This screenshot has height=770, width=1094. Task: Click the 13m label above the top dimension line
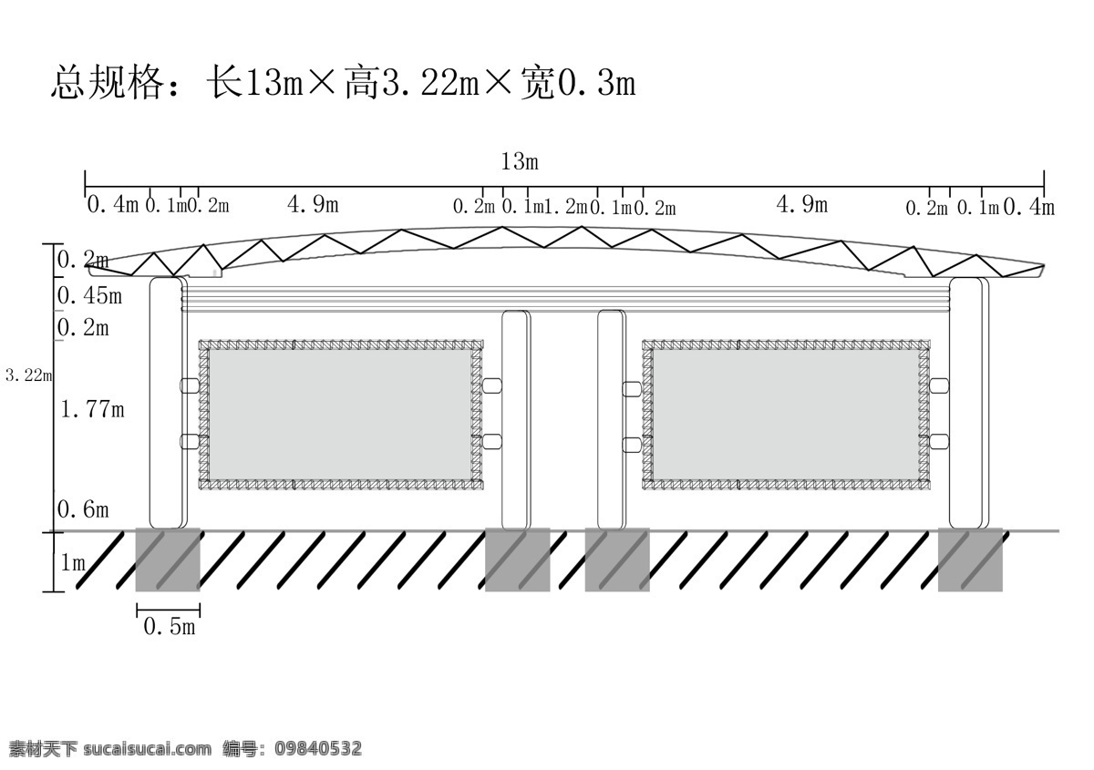click(x=520, y=161)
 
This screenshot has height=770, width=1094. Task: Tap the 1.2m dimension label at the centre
click(x=565, y=207)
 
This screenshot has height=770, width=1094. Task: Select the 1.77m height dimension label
click(x=93, y=408)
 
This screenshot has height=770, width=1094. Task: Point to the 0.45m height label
click(x=89, y=295)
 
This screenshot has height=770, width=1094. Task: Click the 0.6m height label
click(x=83, y=509)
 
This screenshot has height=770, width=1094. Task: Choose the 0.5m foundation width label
click(x=170, y=626)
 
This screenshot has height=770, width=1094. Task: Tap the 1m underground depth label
click(x=73, y=563)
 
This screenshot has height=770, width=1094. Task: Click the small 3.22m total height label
click(x=28, y=375)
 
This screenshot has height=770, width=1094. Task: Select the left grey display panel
click(x=340, y=415)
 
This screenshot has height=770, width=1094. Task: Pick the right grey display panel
click(x=786, y=415)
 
